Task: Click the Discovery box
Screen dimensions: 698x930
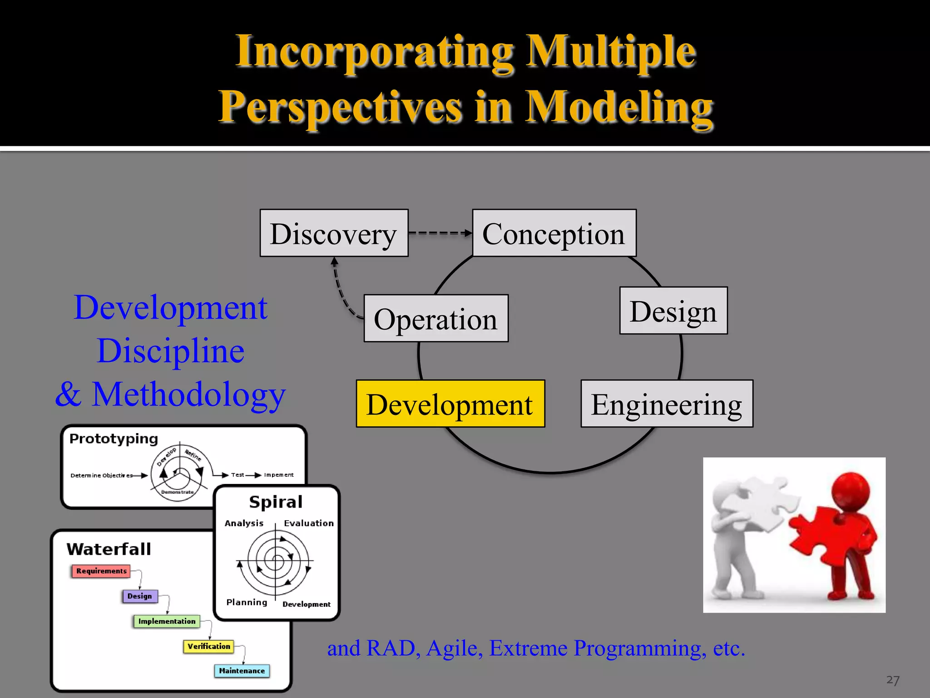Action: pyautogui.click(x=334, y=233)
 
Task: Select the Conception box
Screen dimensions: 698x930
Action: pyautogui.click(x=554, y=233)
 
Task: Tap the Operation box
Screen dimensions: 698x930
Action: pyautogui.click(x=436, y=318)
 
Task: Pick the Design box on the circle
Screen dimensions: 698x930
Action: pyautogui.click(x=673, y=311)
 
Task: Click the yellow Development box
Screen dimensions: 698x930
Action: pyautogui.click(x=450, y=404)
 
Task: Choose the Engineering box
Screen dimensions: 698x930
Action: pyautogui.click(x=667, y=404)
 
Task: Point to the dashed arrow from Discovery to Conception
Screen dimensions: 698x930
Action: pyautogui.click(x=440, y=233)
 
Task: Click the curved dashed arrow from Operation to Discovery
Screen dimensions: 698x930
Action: pyautogui.click(x=341, y=291)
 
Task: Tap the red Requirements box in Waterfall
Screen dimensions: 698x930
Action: pyautogui.click(x=101, y=571)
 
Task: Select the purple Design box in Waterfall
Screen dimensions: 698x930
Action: pyautogui.click(x=140, y=596)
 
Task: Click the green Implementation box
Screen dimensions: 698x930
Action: pyautogui.click(x=167, y=621)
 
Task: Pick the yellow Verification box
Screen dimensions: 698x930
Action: pyautogui.click(x=208, y=646)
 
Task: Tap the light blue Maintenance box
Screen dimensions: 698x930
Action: pyautogui.click(x=242, y=671)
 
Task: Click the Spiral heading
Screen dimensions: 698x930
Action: pyautogui.click(x=276, y=502)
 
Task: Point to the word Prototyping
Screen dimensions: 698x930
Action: pyautogui.click(x=114, y=439)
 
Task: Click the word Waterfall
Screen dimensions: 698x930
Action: pyautogui.click(x=109, y=549)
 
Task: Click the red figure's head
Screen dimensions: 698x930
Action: pyautogui.click(x=851, y=493)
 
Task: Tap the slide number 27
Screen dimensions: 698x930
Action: pyautogui.click(x=892, y=680)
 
